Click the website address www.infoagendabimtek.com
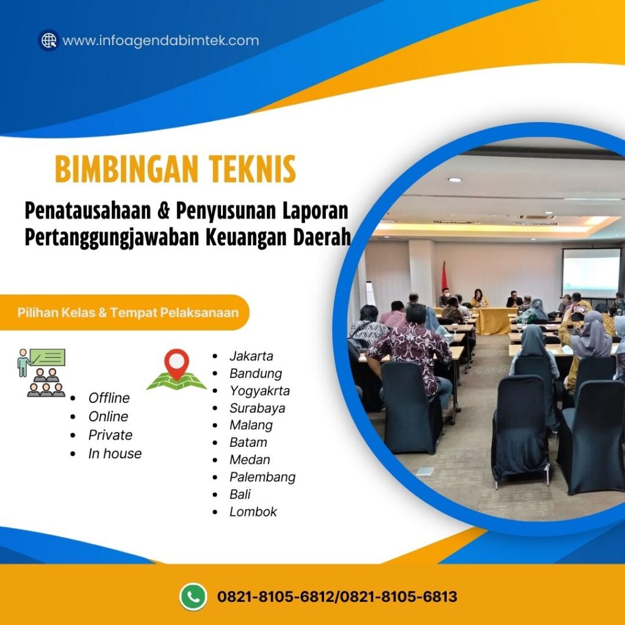point(161,41)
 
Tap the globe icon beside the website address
point(48,40)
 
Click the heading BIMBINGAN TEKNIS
point(175,169)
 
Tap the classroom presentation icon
point(41,372)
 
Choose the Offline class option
point(109,398)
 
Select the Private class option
point(110,435)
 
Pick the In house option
point(115,453)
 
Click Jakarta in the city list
point(251,356)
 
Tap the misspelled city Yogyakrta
point(259,391)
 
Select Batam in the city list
point(248,443)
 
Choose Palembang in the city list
point(262,477)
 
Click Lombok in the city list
point(253,511)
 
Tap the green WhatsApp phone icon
point(193,596)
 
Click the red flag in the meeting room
point(444,278)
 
